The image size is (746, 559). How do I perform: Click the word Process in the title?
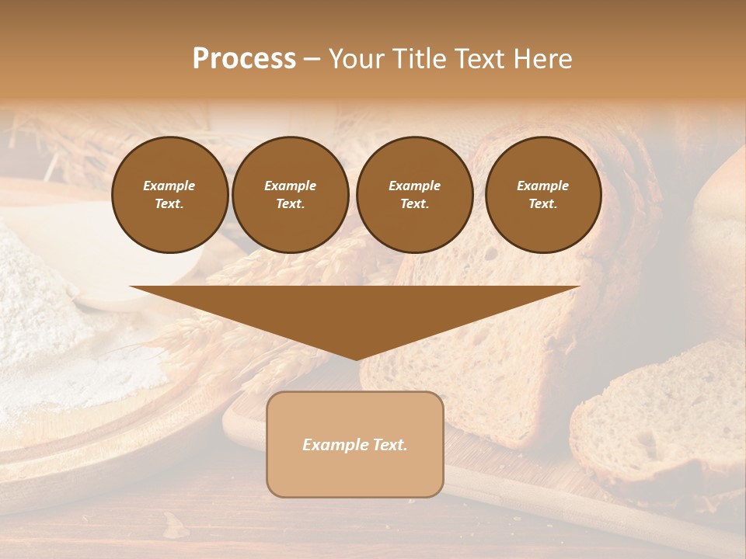244,59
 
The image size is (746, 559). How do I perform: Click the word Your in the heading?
358,59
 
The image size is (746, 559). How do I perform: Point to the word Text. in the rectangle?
389,445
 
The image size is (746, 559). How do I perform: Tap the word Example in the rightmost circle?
542,186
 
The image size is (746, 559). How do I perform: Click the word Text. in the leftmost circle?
169,204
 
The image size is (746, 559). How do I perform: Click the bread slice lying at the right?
661,419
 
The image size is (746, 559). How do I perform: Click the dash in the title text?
312,59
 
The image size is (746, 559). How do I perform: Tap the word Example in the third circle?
414,186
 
